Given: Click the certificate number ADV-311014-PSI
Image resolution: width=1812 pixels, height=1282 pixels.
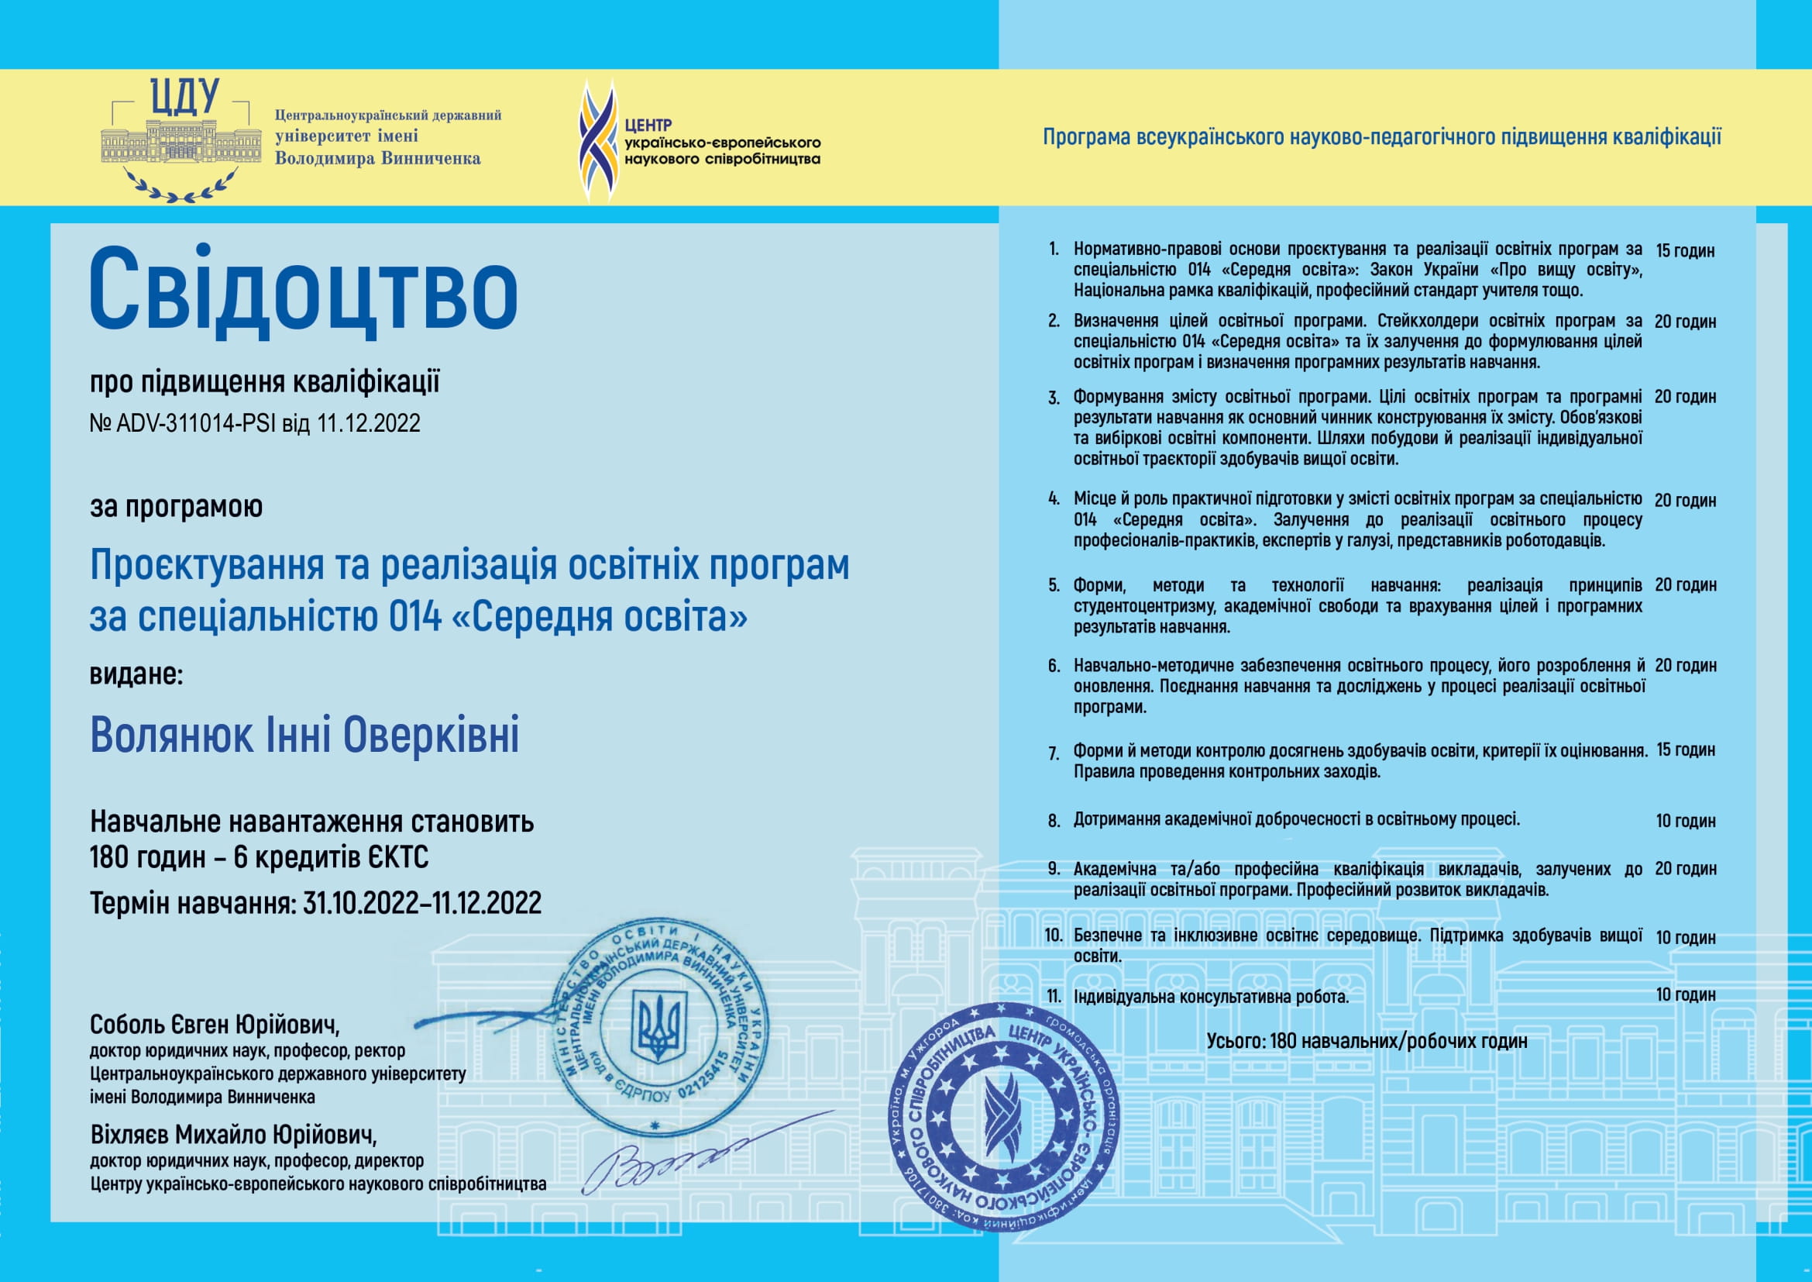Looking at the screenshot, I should [196, 424].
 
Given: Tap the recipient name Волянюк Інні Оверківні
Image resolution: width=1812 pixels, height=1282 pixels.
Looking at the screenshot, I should [304, 736].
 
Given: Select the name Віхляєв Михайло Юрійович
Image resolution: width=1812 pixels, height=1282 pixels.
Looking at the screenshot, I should [234, 1135].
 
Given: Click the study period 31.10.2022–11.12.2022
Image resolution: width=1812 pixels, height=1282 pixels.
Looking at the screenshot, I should [422, 902].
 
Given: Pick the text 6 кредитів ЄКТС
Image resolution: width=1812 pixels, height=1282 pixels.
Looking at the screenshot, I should [331, 857].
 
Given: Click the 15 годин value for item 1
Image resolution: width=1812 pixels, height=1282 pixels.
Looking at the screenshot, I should [1685, 251].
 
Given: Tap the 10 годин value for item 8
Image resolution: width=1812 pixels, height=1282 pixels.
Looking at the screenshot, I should [1685, 821].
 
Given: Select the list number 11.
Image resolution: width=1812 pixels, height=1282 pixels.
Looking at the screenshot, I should [1054, 996].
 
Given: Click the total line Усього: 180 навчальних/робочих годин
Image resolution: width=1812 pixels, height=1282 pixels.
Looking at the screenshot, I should [1367, 1041].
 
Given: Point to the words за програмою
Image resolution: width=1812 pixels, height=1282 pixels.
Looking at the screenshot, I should [176, 506].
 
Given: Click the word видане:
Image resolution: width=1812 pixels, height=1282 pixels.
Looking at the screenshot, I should [136, 674].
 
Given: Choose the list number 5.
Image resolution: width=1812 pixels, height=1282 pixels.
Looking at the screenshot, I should [1054, 586].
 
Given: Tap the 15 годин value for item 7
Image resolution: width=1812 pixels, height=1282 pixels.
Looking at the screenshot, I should [1685, 750].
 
